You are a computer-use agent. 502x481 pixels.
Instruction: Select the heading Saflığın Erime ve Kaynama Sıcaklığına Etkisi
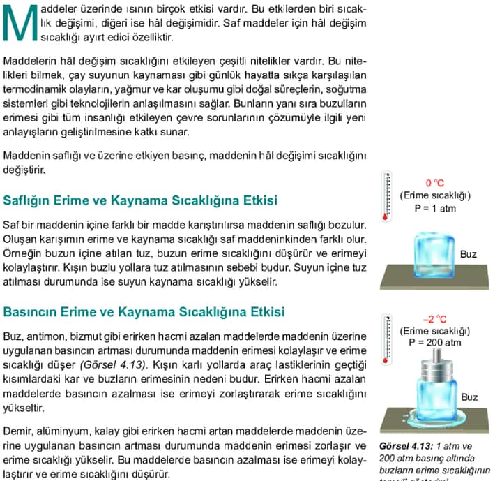click(x=140, y=201)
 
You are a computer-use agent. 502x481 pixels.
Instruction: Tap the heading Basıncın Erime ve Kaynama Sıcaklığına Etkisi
click(x=144, y=311)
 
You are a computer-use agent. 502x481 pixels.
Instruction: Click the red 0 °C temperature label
click(x=434, y=184)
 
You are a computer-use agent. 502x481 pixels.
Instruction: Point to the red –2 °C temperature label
click(x=434, y=320)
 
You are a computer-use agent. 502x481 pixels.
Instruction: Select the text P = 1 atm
click(x=434, y=207)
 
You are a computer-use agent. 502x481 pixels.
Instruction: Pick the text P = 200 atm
click(x=434, y=343)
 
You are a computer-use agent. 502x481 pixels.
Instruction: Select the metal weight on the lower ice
click(x=435, y=365)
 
